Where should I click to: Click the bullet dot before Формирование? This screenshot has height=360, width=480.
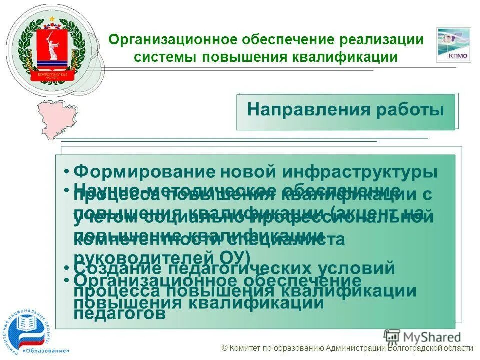click(x=66, y=172)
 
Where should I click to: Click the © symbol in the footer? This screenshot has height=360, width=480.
click(x=224, y=349)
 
